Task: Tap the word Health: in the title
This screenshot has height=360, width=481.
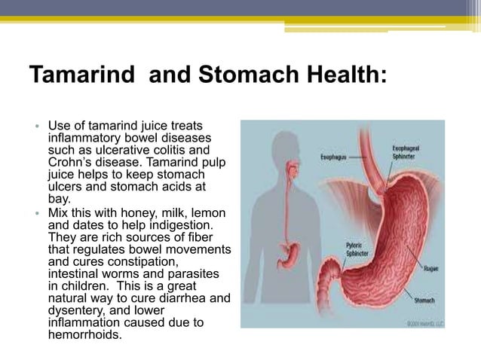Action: pyautogui.click(x=347, y=76)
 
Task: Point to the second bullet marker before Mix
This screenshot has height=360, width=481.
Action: pyautogui.click(x=35, y=213)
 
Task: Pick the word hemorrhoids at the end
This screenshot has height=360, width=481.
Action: pyautogui.click(x=83, y=335)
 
